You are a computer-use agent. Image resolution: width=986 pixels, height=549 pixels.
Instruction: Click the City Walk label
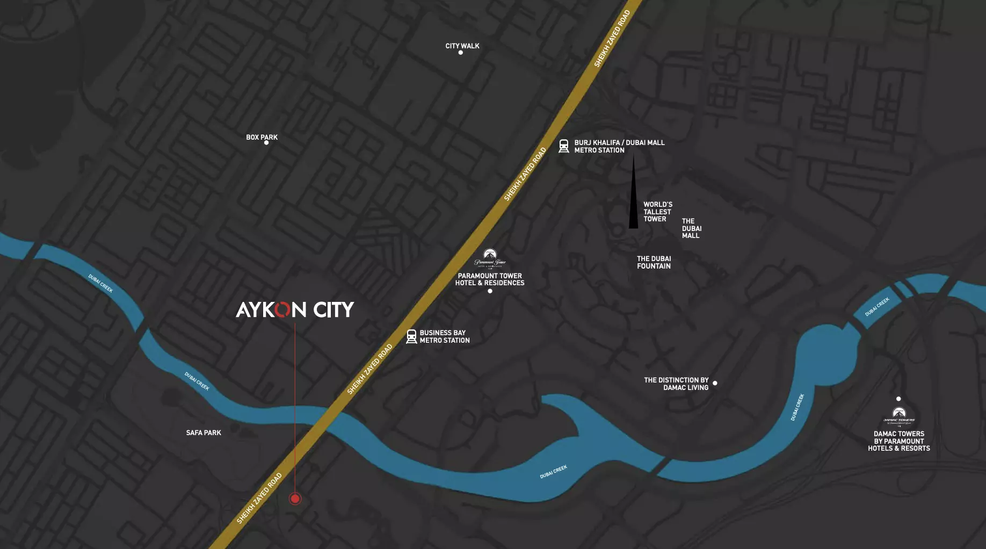point(462,46)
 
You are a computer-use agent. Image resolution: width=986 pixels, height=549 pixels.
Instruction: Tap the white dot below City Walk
point(461,53)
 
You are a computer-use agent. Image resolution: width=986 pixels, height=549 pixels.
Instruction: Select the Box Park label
point(262,137)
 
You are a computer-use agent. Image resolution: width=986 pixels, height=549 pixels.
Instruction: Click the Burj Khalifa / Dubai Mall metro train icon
point(564,146)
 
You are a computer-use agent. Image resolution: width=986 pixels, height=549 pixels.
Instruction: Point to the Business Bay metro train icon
point(411,337)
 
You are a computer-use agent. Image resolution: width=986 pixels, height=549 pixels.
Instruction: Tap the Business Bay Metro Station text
point(445,337)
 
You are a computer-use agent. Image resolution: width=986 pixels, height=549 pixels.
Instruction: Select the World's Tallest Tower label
point(658,212)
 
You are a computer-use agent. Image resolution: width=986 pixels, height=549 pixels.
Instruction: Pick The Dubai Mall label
point(692,228)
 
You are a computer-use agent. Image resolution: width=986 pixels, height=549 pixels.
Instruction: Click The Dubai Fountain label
point(654,262)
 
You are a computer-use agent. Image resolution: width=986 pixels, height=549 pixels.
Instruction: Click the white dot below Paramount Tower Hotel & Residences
point(490,291)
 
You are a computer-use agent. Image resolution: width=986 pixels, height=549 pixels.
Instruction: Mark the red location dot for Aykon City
point(295,499)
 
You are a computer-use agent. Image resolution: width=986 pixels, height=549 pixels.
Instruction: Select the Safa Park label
point(204,432)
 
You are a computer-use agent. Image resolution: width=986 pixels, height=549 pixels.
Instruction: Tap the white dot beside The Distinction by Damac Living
point(715,383)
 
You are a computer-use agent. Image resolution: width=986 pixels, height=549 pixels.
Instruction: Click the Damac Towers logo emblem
point(899,415)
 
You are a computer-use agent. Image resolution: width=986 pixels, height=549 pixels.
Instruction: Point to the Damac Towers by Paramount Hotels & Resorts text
point(899,441)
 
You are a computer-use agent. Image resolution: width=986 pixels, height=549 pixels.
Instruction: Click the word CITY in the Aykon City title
point(334,309)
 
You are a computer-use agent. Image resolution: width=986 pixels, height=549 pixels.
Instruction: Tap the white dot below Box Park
point(266,143)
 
